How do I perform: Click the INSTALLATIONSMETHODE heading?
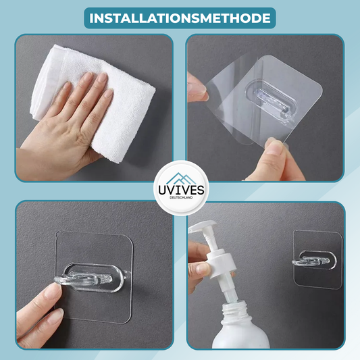coord(180,18)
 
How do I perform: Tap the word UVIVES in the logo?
coord(181,190)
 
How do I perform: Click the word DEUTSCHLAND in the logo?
coord(181,197)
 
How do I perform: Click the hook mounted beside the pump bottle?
coord(311,261)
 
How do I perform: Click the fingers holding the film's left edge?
coord(197,87)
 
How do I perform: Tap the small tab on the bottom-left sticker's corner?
coord(57,234)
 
